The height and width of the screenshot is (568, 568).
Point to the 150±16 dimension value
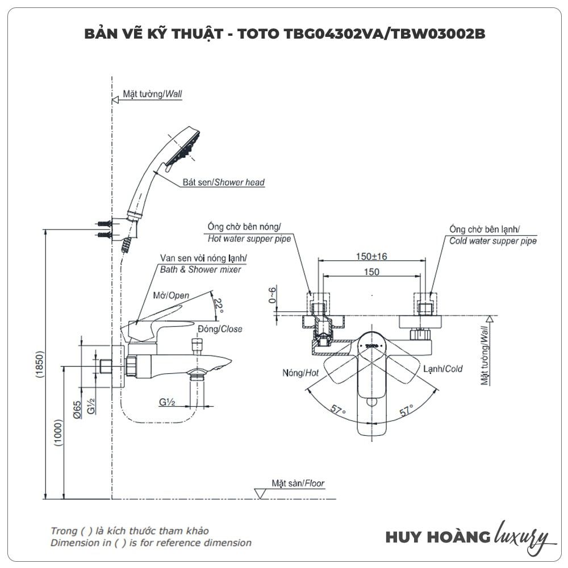[371, 256]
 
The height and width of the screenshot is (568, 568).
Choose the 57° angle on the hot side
[339, 411]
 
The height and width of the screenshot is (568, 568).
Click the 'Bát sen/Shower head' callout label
[223, 182]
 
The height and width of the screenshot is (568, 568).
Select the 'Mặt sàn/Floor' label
[298, 483]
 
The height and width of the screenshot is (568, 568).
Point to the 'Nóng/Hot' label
[300, 373]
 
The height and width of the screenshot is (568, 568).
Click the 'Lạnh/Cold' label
[442, 369]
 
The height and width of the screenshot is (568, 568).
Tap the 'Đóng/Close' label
[220, 329]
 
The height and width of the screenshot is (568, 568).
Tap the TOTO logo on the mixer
[371, 344]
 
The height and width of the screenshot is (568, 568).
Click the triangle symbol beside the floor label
[261, 493]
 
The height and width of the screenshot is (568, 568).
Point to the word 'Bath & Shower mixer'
[201, 269]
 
